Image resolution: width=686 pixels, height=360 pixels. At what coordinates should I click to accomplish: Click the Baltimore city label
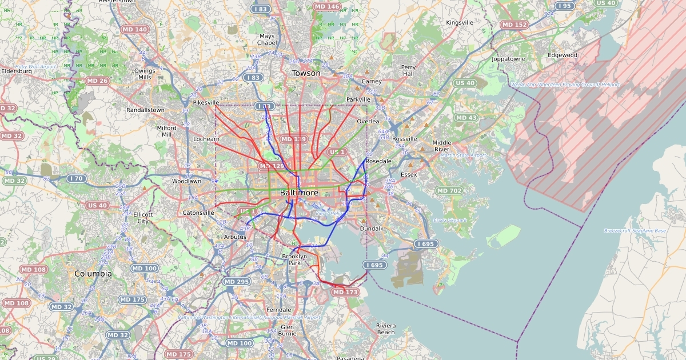coord(299,193)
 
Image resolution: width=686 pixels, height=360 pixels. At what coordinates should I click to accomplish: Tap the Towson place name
coord(306,73)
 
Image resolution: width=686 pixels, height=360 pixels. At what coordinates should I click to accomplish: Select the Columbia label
coord(93,274)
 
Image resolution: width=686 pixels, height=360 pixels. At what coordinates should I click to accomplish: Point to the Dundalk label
coord(372,229)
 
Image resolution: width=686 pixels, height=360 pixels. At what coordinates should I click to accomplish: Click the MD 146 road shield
coord(327,7)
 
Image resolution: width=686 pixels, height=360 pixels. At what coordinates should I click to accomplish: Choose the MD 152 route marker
coord(514,25)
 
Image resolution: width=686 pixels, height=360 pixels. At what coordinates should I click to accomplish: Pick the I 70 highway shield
coord(77,179)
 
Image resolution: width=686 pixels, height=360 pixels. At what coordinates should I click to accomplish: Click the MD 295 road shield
coord(237,282)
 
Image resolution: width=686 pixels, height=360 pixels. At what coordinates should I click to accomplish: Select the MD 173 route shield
coord(345,293)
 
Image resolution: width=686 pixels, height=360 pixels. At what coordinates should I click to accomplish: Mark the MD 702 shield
coord(449,191)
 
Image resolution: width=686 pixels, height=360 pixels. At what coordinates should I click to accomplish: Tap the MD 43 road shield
coord(466,118)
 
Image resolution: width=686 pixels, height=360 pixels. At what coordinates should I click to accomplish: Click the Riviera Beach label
coord(385,329)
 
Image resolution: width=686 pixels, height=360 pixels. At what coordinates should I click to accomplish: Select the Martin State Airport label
coord(463,155)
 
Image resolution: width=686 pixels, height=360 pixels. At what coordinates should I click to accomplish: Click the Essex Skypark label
coord(450,220)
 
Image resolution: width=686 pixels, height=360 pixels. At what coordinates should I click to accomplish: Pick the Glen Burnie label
coord(287,330)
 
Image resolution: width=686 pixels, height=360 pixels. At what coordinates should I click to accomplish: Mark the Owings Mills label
coord(145,74)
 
